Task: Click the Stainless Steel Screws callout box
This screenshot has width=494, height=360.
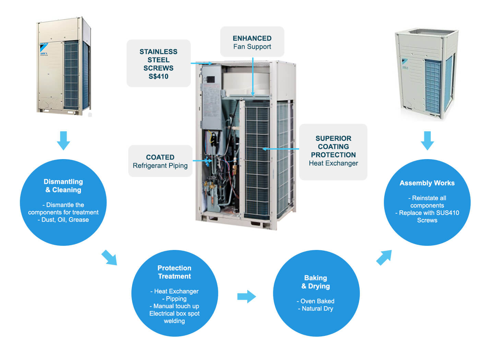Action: click(x=158, y=63)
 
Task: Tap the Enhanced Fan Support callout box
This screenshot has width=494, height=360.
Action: click(x=252, y=42)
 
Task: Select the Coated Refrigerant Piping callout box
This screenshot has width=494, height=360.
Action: click(x=160, y=161)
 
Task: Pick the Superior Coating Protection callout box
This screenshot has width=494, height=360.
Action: click(x=333, y=151)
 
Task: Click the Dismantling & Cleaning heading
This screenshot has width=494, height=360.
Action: click(x=63, y=185)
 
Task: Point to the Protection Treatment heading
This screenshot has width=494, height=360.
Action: click(x=174, y=272)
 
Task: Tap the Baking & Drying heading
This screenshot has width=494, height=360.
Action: click(x=316, y=282)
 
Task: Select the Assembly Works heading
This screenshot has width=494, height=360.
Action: click(x=427, y=183)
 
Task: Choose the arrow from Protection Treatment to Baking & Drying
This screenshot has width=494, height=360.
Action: click(x=247, y=296)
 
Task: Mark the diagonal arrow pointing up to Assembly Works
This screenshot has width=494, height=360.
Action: click(x=384, y=257)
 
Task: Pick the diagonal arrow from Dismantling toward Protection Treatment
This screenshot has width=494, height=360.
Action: click(x=109, y=257)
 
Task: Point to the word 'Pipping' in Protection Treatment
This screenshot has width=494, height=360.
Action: click(x=176, y=299)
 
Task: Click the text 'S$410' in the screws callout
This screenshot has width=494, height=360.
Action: click(x=158, y=76)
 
